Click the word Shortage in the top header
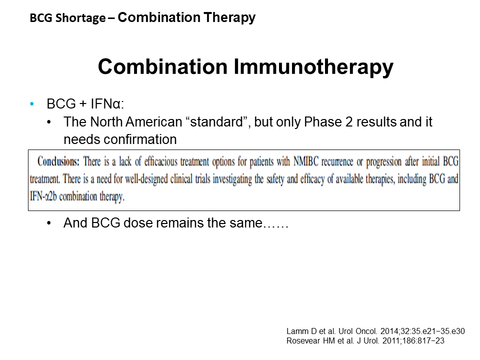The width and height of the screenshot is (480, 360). [x=80, y=18]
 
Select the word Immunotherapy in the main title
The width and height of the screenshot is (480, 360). [x=313, y=67]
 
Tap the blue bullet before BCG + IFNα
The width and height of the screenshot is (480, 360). [x=32, y=104]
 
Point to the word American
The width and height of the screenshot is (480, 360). [x=154, y=122]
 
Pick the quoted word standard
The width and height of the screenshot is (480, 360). [x=216, y=122]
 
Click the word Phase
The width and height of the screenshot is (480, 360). [x=322, y=122]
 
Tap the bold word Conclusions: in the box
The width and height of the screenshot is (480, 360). [x=58, y=161]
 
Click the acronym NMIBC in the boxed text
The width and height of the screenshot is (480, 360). [x=306, y=161]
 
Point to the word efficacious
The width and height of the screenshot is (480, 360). [x=160, y=161]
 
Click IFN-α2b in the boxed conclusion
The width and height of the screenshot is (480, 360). [x=43, y=196]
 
